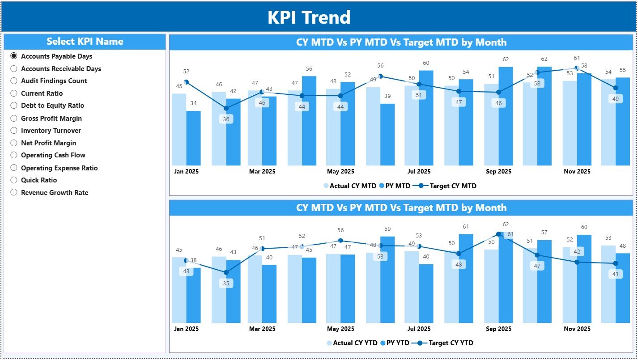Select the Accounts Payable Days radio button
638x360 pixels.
[14, 56]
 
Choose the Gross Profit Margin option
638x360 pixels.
[14, 119]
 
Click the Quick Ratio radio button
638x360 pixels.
[14, 180]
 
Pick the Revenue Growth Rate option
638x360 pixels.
[14, 193]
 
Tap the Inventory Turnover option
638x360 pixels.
[14, 131]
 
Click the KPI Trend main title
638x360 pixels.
[309, 17]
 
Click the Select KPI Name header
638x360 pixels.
[85, 42]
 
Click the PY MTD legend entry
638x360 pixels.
[394, 186]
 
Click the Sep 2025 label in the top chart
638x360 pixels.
[498, 172]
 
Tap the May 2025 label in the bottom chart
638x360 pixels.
[340, 329]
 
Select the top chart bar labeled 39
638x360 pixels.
[387, 134]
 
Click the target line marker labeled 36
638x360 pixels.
[226, 108]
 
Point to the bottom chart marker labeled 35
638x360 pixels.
[226, 272]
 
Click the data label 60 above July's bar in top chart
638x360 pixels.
[426, 63]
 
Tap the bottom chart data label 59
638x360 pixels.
[387, 229]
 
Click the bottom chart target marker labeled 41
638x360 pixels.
[616, 263]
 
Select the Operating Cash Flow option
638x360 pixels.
[14, 155]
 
